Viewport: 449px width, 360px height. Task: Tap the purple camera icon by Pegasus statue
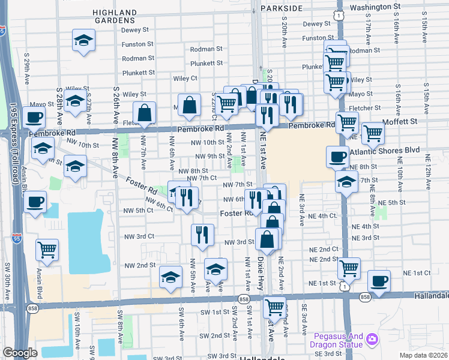click(x=373, y=340)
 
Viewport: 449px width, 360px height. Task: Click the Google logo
click(x=20, y=353)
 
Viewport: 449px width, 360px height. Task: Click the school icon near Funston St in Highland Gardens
click(x=83, y=41)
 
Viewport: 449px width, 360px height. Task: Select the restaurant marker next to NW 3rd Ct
click(x=202, y=234)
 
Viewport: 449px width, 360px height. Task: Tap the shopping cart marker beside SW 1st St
click(x=274, y=307)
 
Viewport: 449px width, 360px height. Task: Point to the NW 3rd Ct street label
click(x=137, y=236)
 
